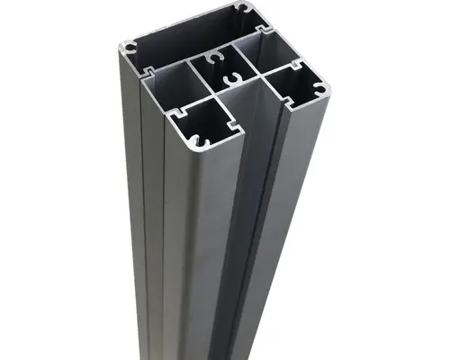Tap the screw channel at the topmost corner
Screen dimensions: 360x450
point(241,8)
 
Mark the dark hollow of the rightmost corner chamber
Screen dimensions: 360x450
point(292,87)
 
